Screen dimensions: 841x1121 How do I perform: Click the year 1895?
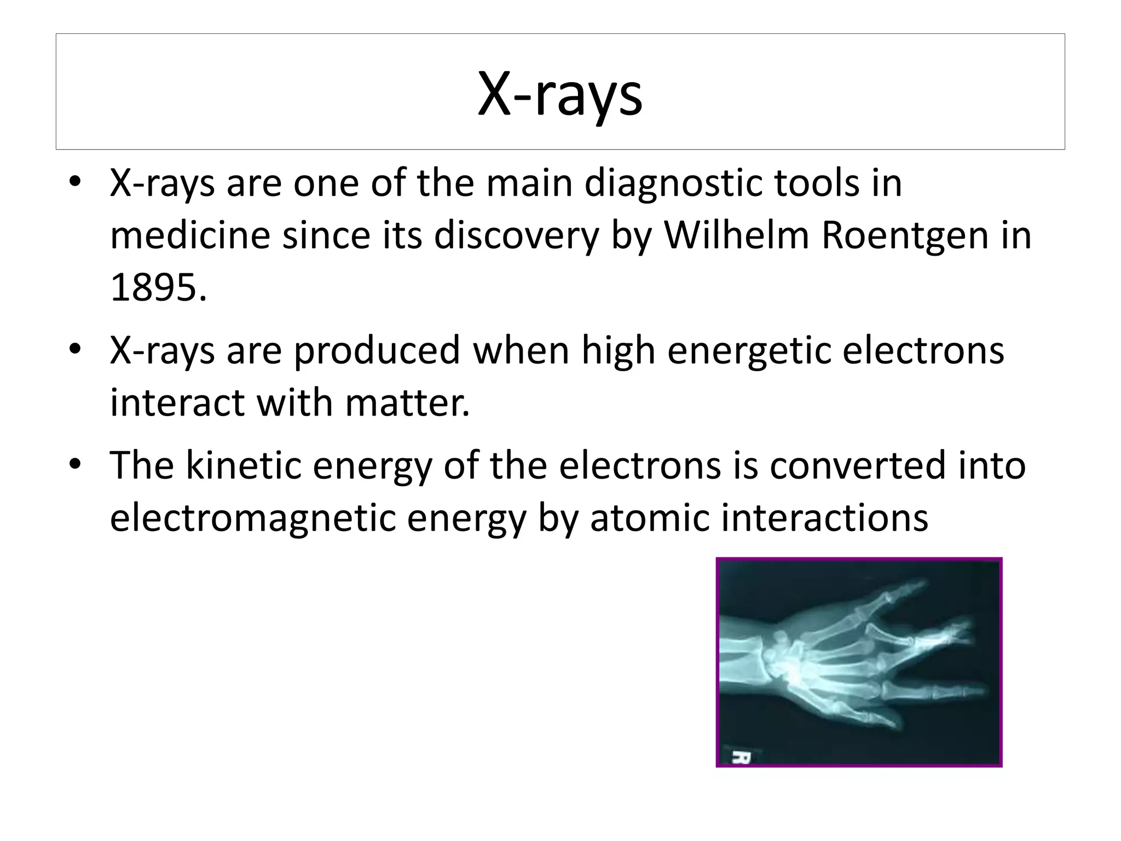pos(158,287)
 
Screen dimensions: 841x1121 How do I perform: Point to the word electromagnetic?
pos(252,517)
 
